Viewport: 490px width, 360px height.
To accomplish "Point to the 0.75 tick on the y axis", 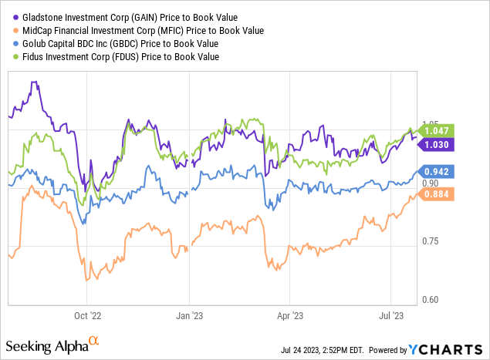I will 429,241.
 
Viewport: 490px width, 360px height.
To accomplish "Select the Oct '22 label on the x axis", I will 86,315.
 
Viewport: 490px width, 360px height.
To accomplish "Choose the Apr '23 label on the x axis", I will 289,315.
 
